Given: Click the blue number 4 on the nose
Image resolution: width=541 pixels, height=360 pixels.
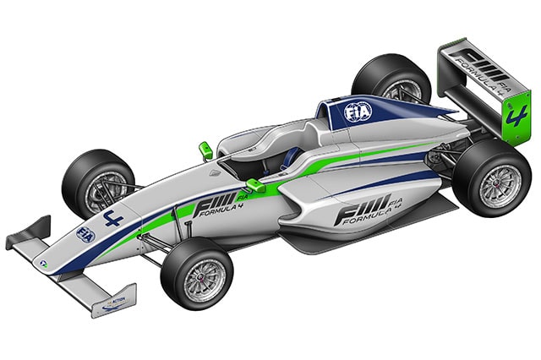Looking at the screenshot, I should pos(112,221).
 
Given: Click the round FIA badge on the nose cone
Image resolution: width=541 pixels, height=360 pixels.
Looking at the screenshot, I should pos(85,233).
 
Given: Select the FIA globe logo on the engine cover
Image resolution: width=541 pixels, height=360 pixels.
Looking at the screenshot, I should pos(354,111).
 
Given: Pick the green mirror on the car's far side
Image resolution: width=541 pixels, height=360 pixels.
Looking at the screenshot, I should pos(204,150).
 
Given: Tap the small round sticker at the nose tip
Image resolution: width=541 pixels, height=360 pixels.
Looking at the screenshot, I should pos(43,265).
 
